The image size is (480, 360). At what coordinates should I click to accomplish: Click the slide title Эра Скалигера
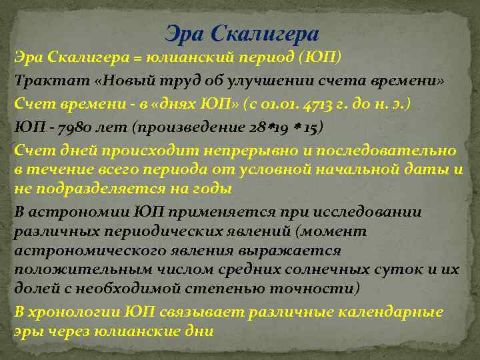[x=242, y=33]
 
